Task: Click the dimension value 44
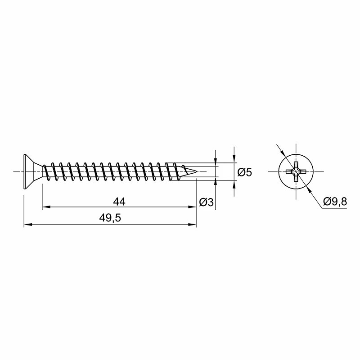(x=119, y=202)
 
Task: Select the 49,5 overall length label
(x=110, y=218)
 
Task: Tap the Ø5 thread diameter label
(x=244, y=172)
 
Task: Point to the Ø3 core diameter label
(x=207, y=202)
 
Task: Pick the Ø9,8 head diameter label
(x=335, y=202)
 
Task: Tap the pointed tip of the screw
(x=197, y=171)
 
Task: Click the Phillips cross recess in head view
(x=296, y=171)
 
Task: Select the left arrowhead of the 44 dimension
(x=46, y=207)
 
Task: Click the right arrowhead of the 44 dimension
(x=193, y=207)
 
